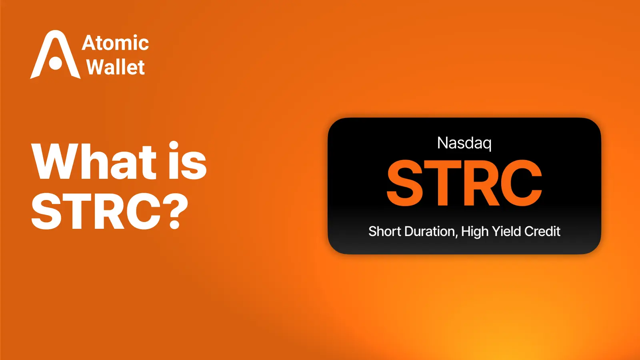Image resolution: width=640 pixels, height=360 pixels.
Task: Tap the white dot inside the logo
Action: [56, 63]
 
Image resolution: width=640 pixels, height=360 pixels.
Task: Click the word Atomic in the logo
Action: [115, 43]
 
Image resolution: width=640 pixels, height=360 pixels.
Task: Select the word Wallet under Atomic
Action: [115, 67]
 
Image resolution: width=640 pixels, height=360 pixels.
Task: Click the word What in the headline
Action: [94, 162]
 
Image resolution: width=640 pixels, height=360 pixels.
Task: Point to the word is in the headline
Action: [187, 162]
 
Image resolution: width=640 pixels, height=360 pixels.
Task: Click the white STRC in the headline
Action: [96, 211]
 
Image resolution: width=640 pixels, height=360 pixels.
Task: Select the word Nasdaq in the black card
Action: [464, 143]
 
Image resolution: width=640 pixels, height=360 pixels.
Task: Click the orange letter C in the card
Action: [520, 183]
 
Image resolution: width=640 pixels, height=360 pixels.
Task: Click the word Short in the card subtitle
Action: [384, 231]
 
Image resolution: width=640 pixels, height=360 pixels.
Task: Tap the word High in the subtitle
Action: [474, 231]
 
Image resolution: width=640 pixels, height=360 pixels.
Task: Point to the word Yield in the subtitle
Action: [506, 231]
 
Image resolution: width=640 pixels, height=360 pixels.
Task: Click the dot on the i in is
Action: [174, 146]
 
